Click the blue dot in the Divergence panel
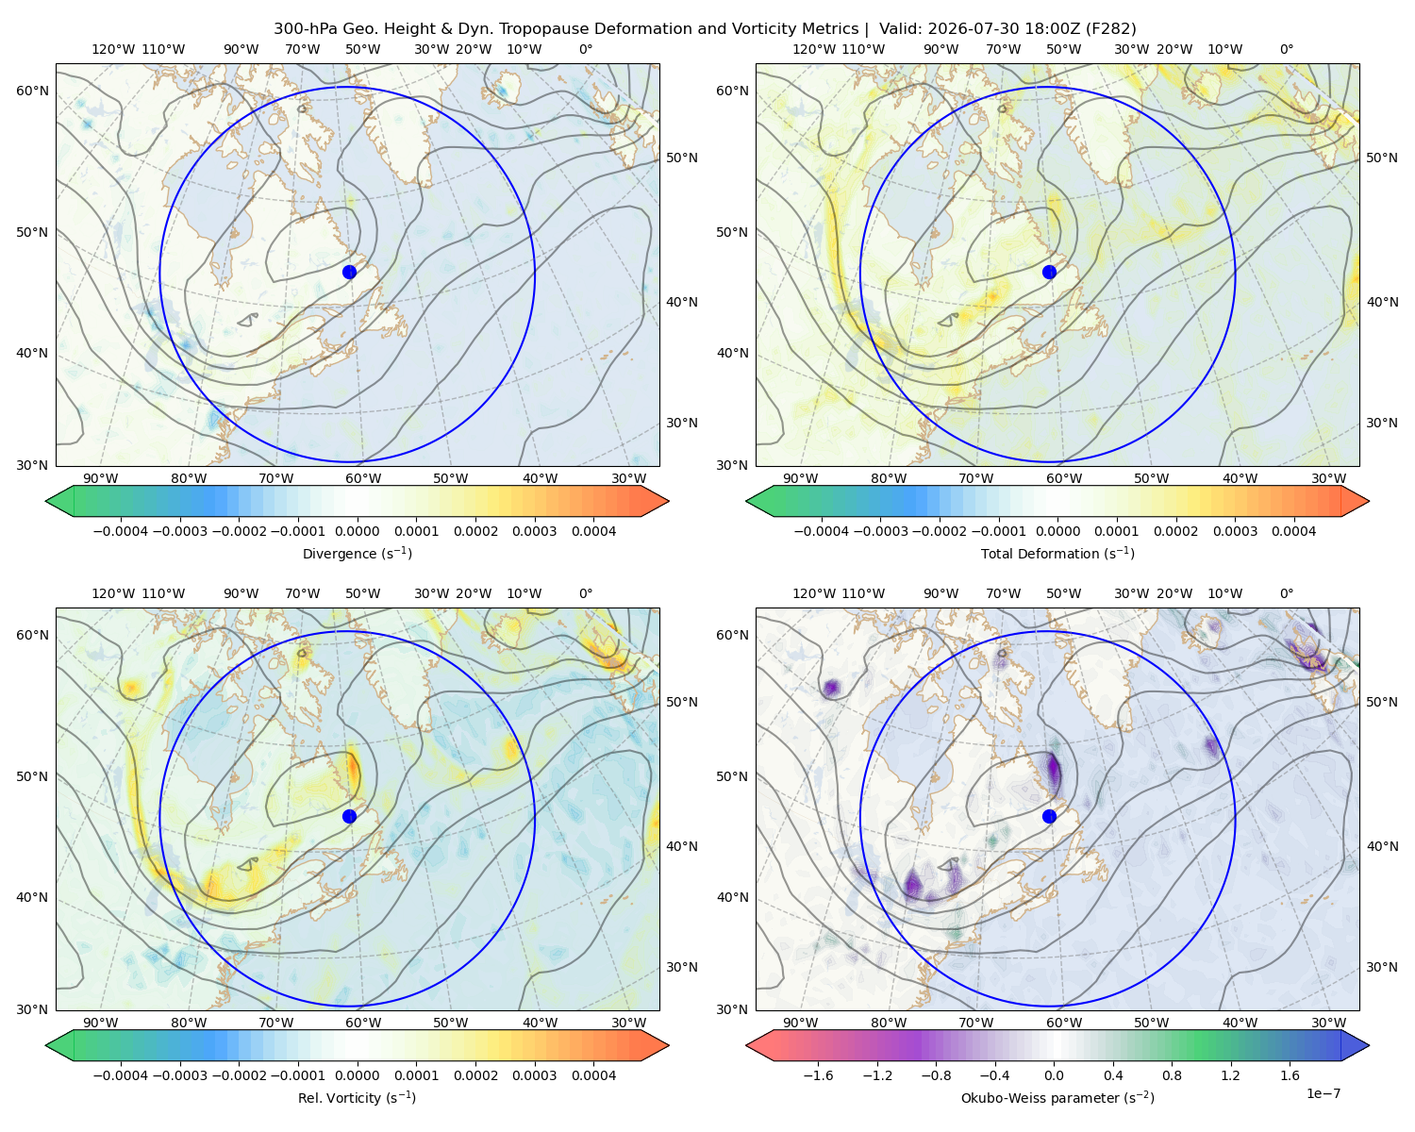coord(349,272)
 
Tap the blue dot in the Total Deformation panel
coord(1049,272)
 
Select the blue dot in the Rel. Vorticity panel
coord(349,816)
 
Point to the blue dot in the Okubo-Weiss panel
coord(1049,816)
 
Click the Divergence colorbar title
coord(357,553)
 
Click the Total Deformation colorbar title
coord(1057,553)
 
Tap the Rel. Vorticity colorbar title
coord(357,1097)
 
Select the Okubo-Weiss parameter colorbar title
coord(1057,1097)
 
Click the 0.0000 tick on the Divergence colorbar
coord(357,531)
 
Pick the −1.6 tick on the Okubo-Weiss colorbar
coord(818,1074)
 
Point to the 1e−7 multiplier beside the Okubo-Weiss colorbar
coord(1323,1093)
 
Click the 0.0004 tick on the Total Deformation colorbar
coord(1293,531)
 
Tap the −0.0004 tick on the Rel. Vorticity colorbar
coord(121,1074)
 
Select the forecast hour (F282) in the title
coord(1110,28)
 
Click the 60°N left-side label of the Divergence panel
coord(32,91)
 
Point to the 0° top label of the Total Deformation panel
coord(1286,49)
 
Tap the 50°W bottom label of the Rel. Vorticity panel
coord(450,1023)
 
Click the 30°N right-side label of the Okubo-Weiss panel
coord(1382,966)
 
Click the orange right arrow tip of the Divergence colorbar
coord(668,501)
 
